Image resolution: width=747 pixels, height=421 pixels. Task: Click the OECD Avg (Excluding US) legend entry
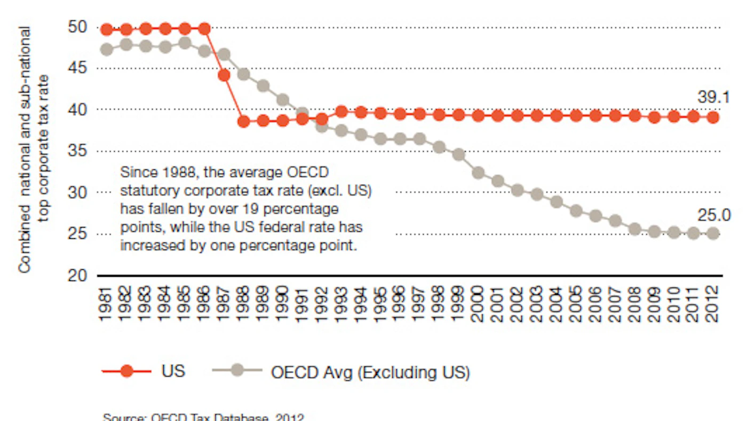pos(370,372)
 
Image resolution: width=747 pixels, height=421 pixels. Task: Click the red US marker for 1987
pos(224,75)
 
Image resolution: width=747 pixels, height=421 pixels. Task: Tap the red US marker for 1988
pos(244,121)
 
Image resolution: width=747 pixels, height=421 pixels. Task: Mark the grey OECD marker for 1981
pos(107,49)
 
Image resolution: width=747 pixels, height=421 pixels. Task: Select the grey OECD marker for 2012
pos(713,233)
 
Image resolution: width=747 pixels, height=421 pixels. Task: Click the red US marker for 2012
pos(713,117)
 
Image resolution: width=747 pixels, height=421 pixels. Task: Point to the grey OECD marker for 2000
pos(478,173)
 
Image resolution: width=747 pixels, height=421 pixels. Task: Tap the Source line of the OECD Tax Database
pos(203,417)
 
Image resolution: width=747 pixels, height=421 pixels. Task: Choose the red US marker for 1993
pos(342,112)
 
